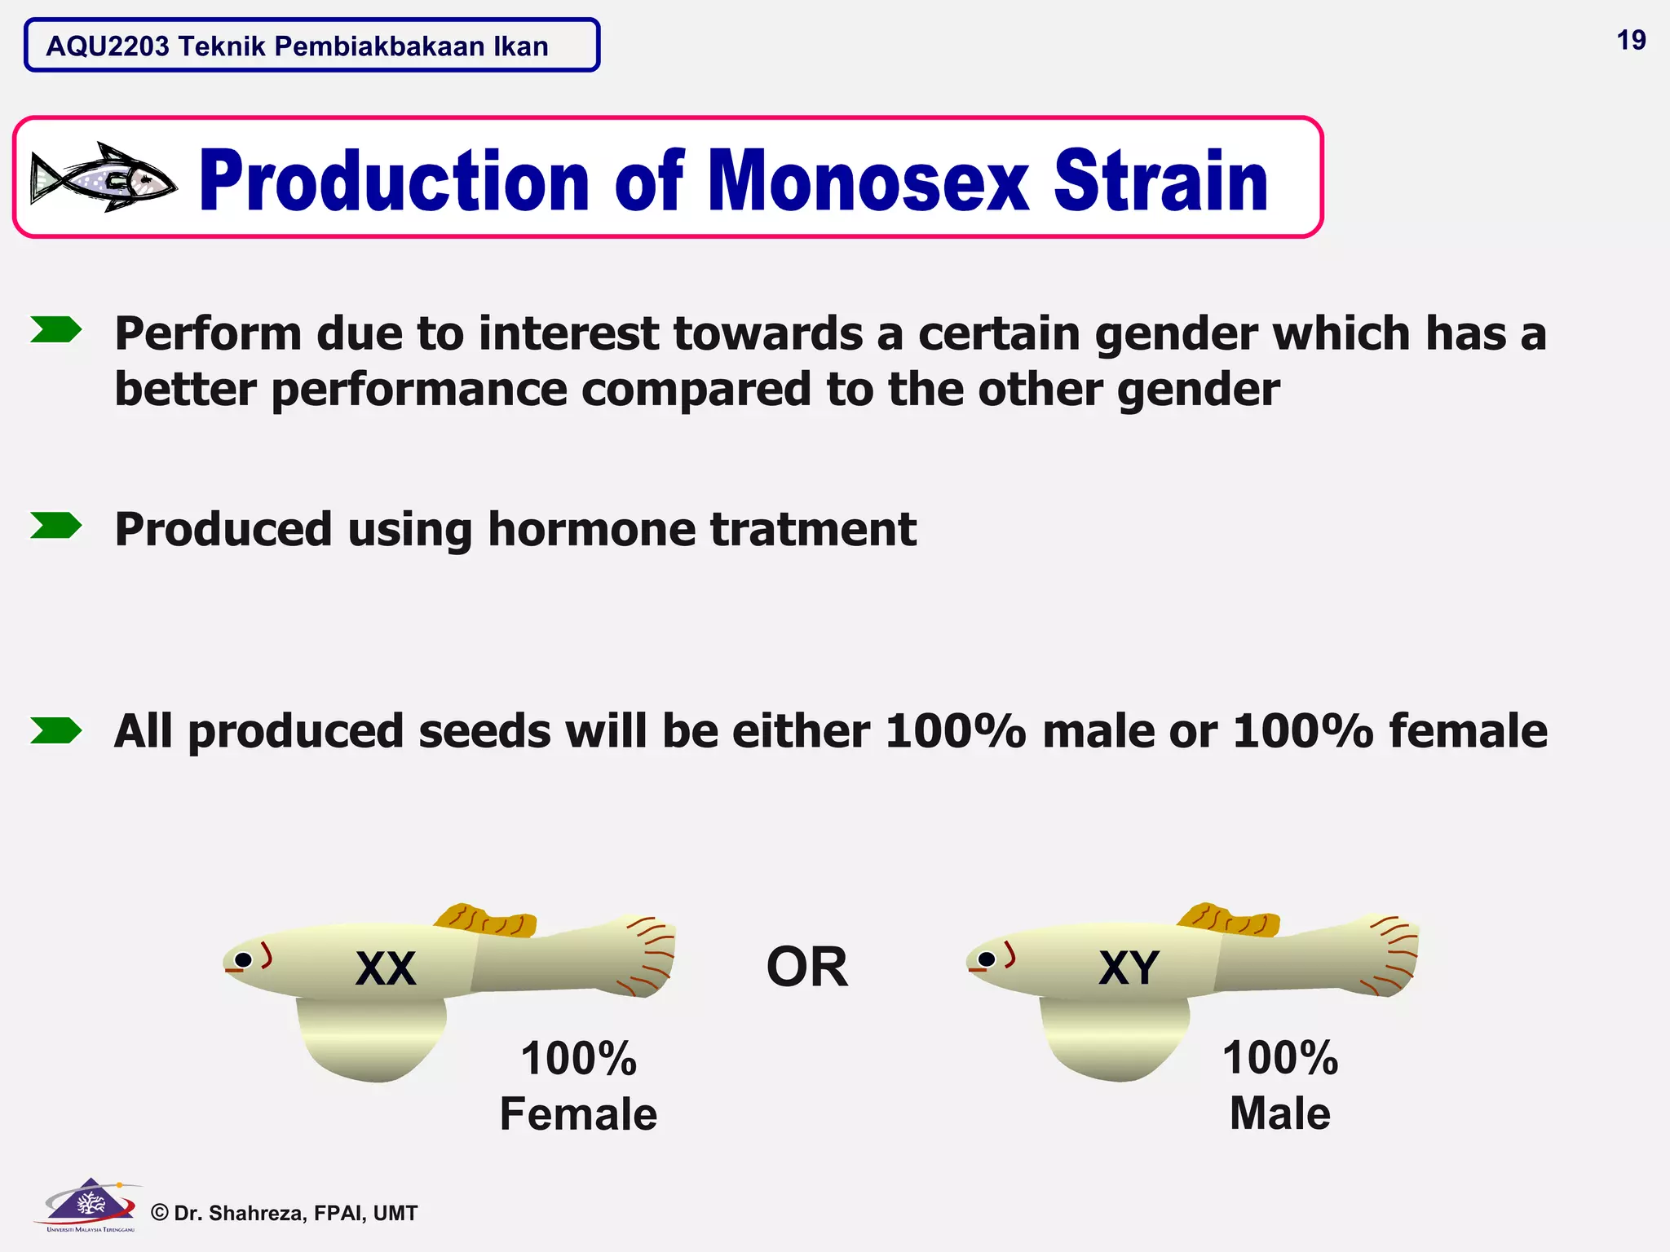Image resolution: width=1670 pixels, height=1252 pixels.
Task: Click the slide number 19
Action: (1631, 40)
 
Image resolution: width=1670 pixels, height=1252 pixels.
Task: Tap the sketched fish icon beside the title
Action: (103, 178)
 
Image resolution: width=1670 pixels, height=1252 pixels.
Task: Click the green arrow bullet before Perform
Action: (55, 330)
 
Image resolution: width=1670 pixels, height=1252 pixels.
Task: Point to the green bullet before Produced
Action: (55, 526)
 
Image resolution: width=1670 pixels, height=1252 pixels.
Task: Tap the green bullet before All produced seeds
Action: (55, 730)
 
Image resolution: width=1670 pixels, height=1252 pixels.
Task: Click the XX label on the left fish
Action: (386, 968)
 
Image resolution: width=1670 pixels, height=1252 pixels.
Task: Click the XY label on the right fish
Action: (1129, 968)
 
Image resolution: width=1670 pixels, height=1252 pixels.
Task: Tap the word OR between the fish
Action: (806, 968)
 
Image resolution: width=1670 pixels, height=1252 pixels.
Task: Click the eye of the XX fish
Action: (243, 959)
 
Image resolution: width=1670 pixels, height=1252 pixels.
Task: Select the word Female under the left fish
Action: (578, 1114)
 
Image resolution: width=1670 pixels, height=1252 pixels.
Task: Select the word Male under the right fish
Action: (1279, 1113)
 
